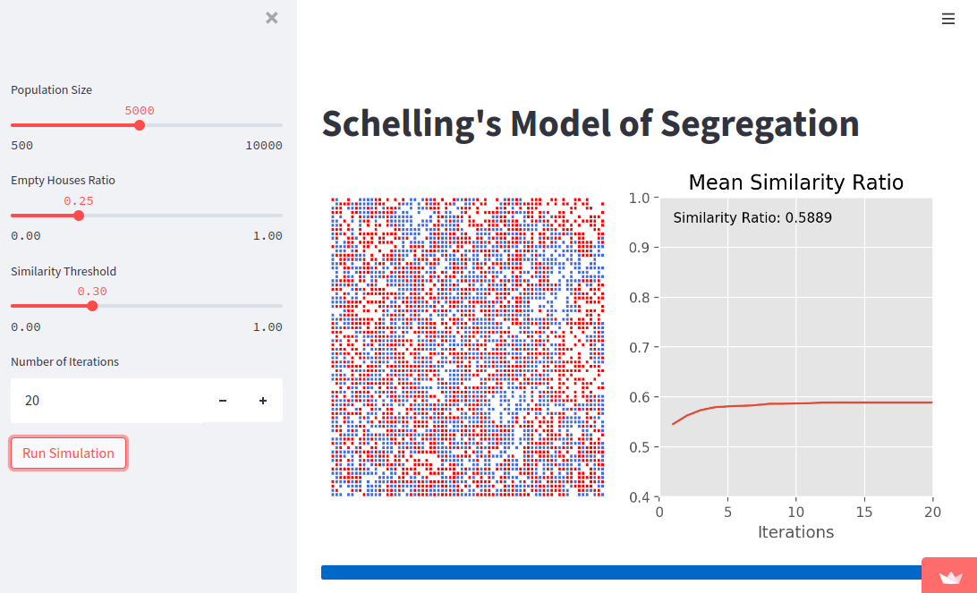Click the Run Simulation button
(x=68, y=453)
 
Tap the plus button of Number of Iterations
(x=263, y=401)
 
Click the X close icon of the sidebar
(x=272, y=18)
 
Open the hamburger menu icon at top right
(x=948, y=19)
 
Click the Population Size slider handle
(x=140, y=125)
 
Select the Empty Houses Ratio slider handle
(x=79, y=216)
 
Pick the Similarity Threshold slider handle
(x=92, y=306)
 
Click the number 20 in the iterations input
(x=32, y=401)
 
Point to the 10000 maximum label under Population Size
(x=263, y=146)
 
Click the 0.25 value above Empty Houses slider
(x=79, y=201)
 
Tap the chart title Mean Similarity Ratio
(x=795, y=183)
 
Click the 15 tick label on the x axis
(x=864, y=512)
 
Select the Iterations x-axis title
(x=795, y=532)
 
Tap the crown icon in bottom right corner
(x=950, y=578)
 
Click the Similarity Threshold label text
(x=64, y=271)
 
